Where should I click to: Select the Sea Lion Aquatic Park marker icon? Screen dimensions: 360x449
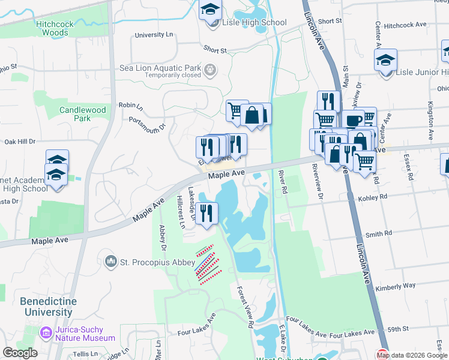(x=209, y=70)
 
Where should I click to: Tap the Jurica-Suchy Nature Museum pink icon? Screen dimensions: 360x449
(x=46, y=332)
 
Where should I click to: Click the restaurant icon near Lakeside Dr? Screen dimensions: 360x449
(x=206, y=214)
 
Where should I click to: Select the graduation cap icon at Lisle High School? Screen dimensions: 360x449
(x=210, y=11)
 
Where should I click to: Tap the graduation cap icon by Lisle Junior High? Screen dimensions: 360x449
(x=385, y=61)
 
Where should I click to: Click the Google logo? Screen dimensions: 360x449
(x=20, y=353)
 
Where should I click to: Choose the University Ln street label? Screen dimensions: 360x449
(x=154, y=35)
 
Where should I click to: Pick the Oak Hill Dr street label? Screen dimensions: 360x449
(x=20, y=142)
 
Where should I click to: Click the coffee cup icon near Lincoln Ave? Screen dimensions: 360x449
(x=353, y=120)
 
